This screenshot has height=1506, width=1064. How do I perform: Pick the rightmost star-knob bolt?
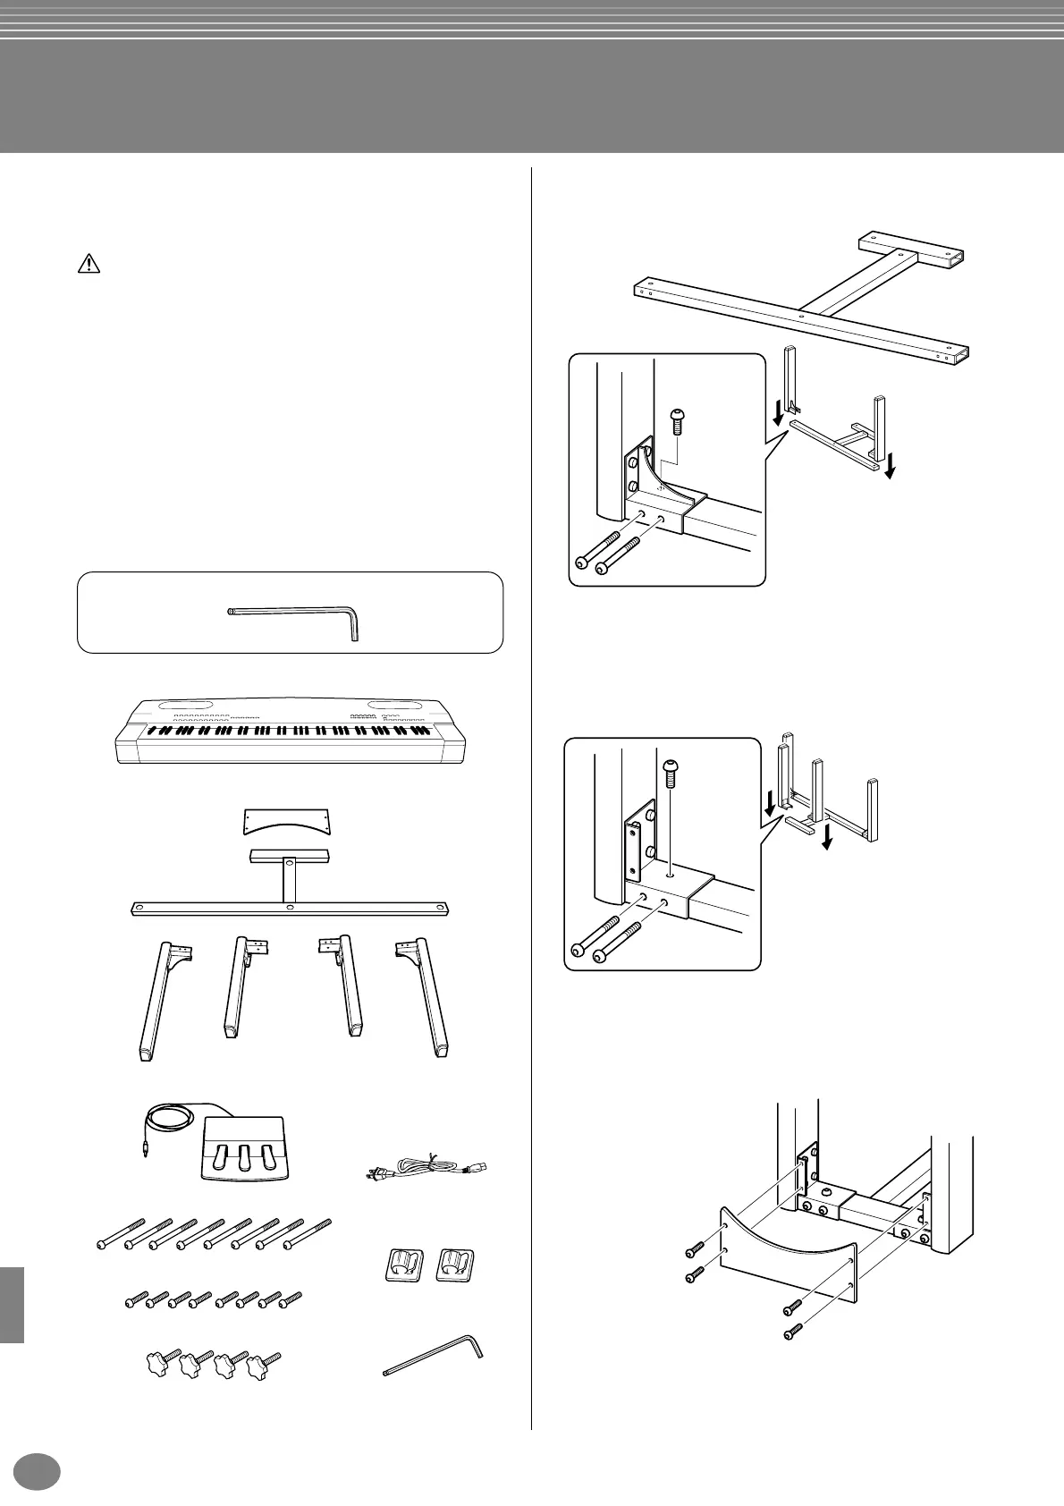[x=265, y=1362]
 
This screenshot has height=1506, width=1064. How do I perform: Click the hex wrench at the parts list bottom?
[x=433, y=1357]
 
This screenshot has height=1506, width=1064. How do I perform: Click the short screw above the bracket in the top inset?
[x=677, y=420]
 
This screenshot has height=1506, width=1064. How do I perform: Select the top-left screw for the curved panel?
[x=694, y=1254]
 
